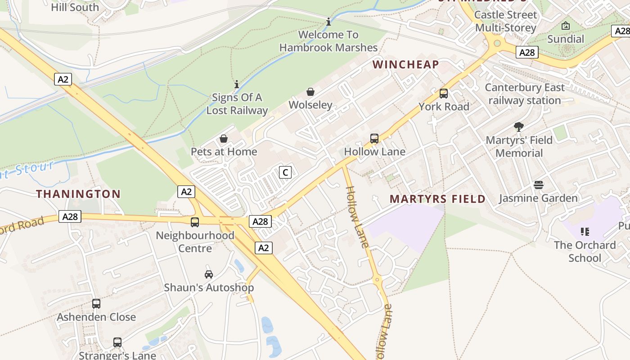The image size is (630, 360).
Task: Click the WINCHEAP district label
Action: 405,64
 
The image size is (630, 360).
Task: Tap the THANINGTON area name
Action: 78,194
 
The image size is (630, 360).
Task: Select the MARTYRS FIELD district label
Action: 437,199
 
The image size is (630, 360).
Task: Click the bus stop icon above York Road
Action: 444,94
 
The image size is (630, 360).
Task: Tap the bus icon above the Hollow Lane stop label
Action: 374,139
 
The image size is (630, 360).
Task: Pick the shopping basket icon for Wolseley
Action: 310,92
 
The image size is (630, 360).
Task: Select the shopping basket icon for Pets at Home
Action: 224,139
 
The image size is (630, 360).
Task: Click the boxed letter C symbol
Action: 285,172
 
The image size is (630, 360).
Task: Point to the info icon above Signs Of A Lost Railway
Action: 237,84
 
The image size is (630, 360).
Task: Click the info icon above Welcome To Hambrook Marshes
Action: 328,22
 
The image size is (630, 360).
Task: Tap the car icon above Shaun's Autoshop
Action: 209,274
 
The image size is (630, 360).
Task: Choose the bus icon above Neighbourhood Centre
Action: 195,222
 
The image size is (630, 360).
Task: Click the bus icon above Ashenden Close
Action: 96,304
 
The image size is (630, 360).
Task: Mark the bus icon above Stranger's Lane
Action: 117,342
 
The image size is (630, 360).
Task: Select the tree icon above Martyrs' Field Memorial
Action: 519,127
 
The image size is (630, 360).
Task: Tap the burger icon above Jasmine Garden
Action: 538,185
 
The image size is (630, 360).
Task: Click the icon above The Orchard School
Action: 585,232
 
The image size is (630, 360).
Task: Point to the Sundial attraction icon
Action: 566,26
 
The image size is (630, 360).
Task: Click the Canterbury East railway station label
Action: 525,94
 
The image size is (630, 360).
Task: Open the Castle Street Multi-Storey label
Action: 506,21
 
